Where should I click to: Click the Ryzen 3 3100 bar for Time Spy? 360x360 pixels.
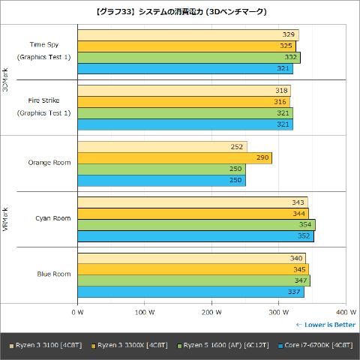[x=187, y=34]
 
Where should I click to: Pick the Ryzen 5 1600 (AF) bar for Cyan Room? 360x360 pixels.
[x=196, y=225]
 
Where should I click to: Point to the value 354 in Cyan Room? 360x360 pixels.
[x=304, y=225]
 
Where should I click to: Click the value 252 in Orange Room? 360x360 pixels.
[x=238, y=147]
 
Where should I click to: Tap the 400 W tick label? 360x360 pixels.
[x=345, y=311]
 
